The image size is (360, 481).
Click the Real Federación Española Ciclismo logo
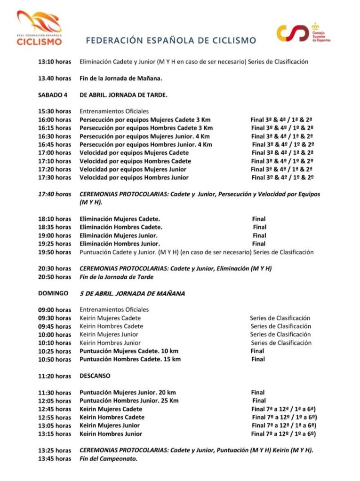pyautogui.click(x=39, y=28)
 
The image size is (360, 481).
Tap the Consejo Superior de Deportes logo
pyautogui.click(x=304, y=32)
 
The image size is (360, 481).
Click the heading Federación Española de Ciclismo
pyautogui.click(x=171, y=40)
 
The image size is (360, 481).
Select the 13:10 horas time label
pyautogui.click(x=55, y=62)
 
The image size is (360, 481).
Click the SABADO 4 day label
pyautogui.click(x=53, y=95)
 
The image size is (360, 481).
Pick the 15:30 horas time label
pyautogui.click(x=55, y=111)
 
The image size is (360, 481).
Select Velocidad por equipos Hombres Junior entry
pyautogui.click(x=134, y=178)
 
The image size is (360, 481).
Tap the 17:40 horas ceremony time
pyautogui.click(x=55, y=194)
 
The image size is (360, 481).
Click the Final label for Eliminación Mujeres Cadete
pyautogui.click(x=259, y=219)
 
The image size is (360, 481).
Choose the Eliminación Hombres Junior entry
pyautogui.click(x=120, y=244)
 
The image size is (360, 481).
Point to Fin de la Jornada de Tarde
pyautogui.click(x=117, y=277)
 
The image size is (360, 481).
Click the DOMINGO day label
pyautogui.click(x=53, y=293)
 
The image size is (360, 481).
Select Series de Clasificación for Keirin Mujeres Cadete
pyautogui.click(x=280, y=318)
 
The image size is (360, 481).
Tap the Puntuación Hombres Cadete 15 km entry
pyautogui.click(x=130, y=359)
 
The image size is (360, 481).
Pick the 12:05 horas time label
pyautogui.click(x=55, y=401)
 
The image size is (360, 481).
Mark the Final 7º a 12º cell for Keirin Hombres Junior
pyautogui.click(x=283, y=434)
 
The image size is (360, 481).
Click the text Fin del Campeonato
pyautogui.click(x=109, y=458)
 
